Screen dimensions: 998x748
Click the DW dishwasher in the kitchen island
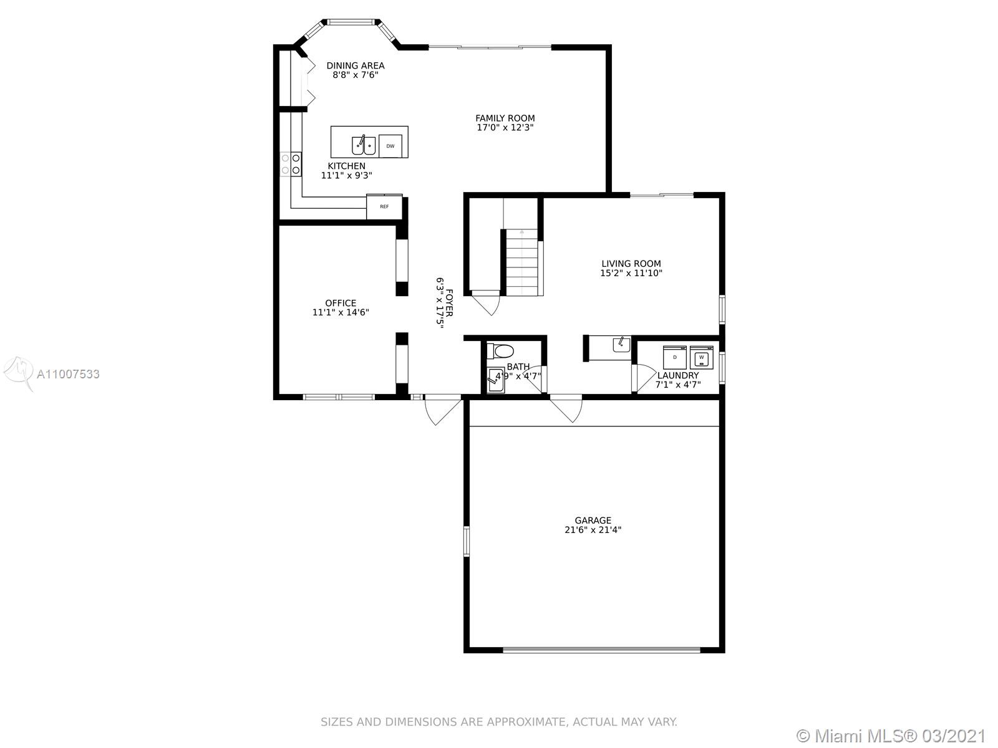[390, 146]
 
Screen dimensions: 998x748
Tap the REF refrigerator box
[384, 207]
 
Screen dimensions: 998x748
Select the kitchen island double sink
[364, 145]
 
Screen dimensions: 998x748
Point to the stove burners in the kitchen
[291, 165]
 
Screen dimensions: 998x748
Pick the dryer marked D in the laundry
[675, 357]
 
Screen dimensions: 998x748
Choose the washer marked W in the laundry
[701, 357]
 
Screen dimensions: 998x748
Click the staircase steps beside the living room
[522, 262]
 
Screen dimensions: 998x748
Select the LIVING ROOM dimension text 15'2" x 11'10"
[631, 273]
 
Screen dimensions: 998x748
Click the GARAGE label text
[593, 520]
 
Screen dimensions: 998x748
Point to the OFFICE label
[341, 303]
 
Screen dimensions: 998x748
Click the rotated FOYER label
[449, 302]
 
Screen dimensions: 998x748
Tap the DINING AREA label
[356, 65]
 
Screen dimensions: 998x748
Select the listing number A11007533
[68, 374]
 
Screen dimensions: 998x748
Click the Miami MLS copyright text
[891, 736]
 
